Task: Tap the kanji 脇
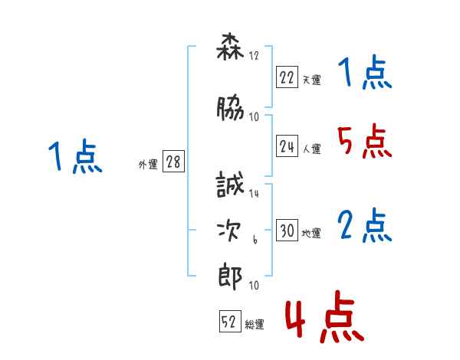(230, 109)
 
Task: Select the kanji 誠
(230, 186)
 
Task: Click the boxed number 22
(287, 77)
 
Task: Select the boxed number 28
(173, 162)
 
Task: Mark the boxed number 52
(228, 322)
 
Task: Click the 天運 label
(311, 79)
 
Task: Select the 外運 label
(148, 164)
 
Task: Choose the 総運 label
(254, 325)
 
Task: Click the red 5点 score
(364, 141)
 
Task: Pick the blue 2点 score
(364, 225)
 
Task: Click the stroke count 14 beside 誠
(254, 195)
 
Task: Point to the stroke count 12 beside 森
(254, 56)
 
